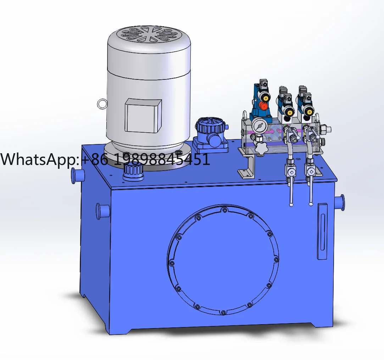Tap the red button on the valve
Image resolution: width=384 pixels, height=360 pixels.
pyautogui.click(x=263, y=106)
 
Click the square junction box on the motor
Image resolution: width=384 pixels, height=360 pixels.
pyautogui.click(x=143, y=115)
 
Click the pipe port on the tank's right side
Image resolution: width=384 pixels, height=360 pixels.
pyautogui.click(x=340, y=203)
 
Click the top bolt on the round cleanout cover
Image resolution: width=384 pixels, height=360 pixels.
pyautogui.click(x=224, y=211)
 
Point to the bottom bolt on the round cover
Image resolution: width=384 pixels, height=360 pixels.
pyautogui.click(x=223, y=312)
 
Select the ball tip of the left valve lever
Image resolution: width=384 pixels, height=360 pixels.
pyautogui.click(x=291, y=205)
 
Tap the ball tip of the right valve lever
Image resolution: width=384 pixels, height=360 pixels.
pyautogui.click(x=311, y=204)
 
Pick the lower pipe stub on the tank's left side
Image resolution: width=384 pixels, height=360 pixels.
pyautogui.click(x=102, y=211)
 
